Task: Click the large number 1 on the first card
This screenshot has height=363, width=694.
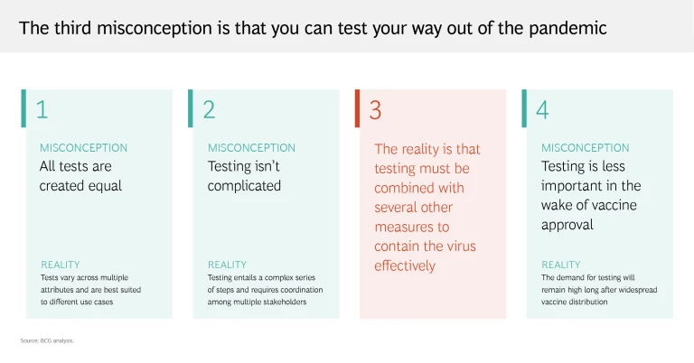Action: coord(42,109)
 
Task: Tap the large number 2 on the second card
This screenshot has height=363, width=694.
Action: coord(209,109)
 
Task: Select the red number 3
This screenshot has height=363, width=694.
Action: coord(375,110)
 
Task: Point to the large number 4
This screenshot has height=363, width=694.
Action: coord(542,109)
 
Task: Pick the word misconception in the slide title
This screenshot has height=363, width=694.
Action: coord(154,28)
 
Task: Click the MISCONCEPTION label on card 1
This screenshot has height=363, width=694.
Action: coord(84,148)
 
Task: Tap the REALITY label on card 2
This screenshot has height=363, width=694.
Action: coord(227,265)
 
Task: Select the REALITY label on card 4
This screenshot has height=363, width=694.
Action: coord(561,265)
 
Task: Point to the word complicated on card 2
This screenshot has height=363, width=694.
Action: coord(244,186)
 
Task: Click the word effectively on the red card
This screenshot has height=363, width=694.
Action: coord(405,265)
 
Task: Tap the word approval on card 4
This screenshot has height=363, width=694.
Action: coord(567,225)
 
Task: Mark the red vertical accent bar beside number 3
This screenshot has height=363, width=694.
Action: coord(357,108)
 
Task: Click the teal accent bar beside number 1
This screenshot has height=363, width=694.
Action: coord(23,108)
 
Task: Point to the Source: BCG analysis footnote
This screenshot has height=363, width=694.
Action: coord(47,340)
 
